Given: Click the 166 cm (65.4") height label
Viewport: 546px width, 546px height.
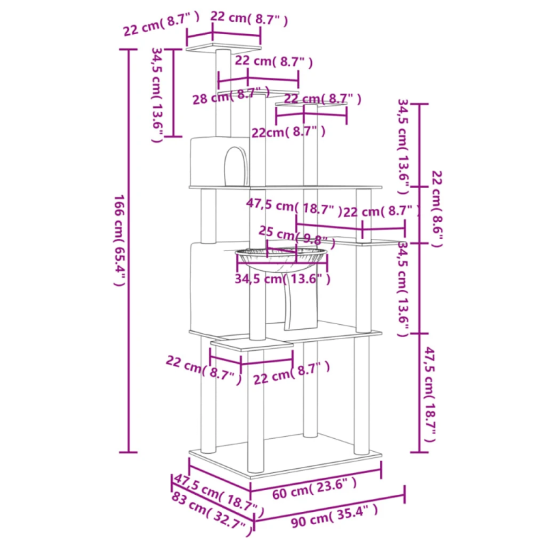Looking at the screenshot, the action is tap(119, 240).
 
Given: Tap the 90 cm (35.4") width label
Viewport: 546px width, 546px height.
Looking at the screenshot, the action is tap(334, 516).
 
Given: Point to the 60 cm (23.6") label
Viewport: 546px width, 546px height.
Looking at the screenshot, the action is tap(314, 488).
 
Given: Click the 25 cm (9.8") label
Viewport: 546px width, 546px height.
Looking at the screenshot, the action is tap(297, 238).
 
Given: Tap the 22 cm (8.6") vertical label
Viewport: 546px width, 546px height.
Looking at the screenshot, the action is tap(437, 209).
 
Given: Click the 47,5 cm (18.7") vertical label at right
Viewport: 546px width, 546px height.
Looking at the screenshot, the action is tap(429, 394).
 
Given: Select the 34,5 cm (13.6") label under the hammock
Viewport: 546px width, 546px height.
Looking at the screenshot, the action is tap(283, 279).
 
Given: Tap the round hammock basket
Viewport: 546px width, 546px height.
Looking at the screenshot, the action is tap(281, 259).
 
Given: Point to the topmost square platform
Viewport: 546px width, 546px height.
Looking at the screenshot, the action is tap(223, 48).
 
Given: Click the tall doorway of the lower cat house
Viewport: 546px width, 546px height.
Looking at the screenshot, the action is tap(301, 303).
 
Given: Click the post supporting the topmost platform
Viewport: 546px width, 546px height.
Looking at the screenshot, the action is tap(223, 93).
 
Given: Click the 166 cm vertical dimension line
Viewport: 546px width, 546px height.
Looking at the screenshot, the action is tap(128, 250).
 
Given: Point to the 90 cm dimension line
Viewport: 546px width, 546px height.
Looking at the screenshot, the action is tap(329, 507).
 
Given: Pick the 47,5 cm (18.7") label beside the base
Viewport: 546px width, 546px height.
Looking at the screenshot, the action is tap(218, 495).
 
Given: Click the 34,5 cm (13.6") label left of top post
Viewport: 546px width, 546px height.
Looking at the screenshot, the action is tap(157, 95).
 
